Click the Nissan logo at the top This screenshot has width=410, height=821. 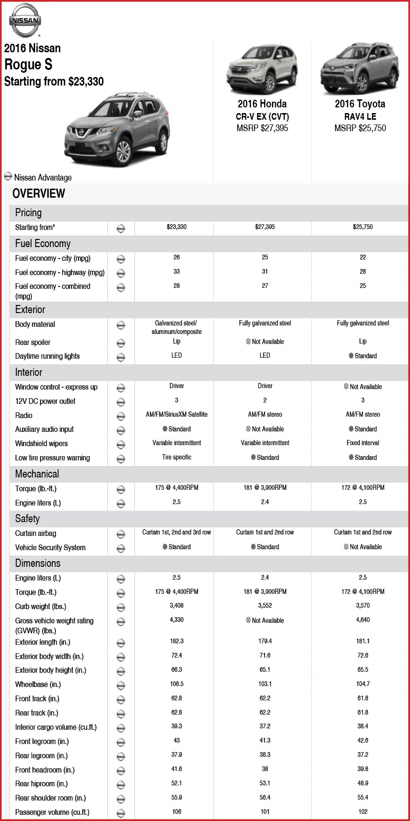click(x=25, y=20)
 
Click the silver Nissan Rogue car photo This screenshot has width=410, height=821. click(x=117, y=129)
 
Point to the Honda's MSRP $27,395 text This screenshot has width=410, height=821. click(x=262, y=128)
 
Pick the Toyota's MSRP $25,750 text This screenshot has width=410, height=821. click(x=360, y=128)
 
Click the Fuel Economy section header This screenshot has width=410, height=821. click(x=43, y=244)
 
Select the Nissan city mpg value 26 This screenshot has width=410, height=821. click(x=177, y=257)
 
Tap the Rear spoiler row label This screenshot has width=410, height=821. click(x=33, y=342)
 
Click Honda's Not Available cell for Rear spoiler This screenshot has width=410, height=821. click(x=265, y=342)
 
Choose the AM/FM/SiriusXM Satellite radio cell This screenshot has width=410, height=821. click(x=177, y=414)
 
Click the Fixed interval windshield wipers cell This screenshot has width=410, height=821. click(x=363, y=443)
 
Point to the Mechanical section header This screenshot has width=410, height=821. click(x=37, y=474)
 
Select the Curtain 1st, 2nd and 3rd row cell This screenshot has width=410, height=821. click(x=177, y=532)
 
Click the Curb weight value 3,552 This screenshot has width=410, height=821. click(x=265, y=606)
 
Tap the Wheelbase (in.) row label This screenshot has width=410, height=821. click(x=38, y=685)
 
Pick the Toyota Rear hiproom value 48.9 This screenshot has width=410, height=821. click(x=363, y=783)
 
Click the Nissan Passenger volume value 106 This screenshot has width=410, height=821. click(x=177, y=811)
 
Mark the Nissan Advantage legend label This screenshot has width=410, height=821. click(x=43, y=178)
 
